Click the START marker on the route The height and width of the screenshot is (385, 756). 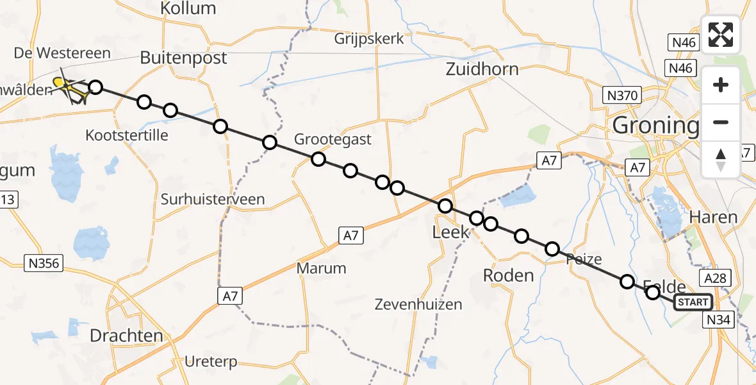click(692, 302)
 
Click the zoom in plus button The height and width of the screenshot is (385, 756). click(721, 85)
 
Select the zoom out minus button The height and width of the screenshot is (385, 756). click(721, 122)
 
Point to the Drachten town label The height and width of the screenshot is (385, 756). click(126, 336)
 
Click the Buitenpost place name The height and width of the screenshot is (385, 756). click(183, 58)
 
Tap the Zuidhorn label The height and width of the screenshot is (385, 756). click(482, 69)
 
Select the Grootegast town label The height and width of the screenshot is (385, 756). click(333, 139)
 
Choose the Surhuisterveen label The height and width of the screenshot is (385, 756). click(213, 200)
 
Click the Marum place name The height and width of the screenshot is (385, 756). click(322, 268)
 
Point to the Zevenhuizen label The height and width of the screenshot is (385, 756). click(418, 304)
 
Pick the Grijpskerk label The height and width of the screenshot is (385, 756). click(369, 39)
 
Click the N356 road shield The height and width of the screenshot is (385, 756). click(43, 262)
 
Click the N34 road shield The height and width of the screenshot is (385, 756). click(718, 320)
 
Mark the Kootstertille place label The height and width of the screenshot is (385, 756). click(127, 135)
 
